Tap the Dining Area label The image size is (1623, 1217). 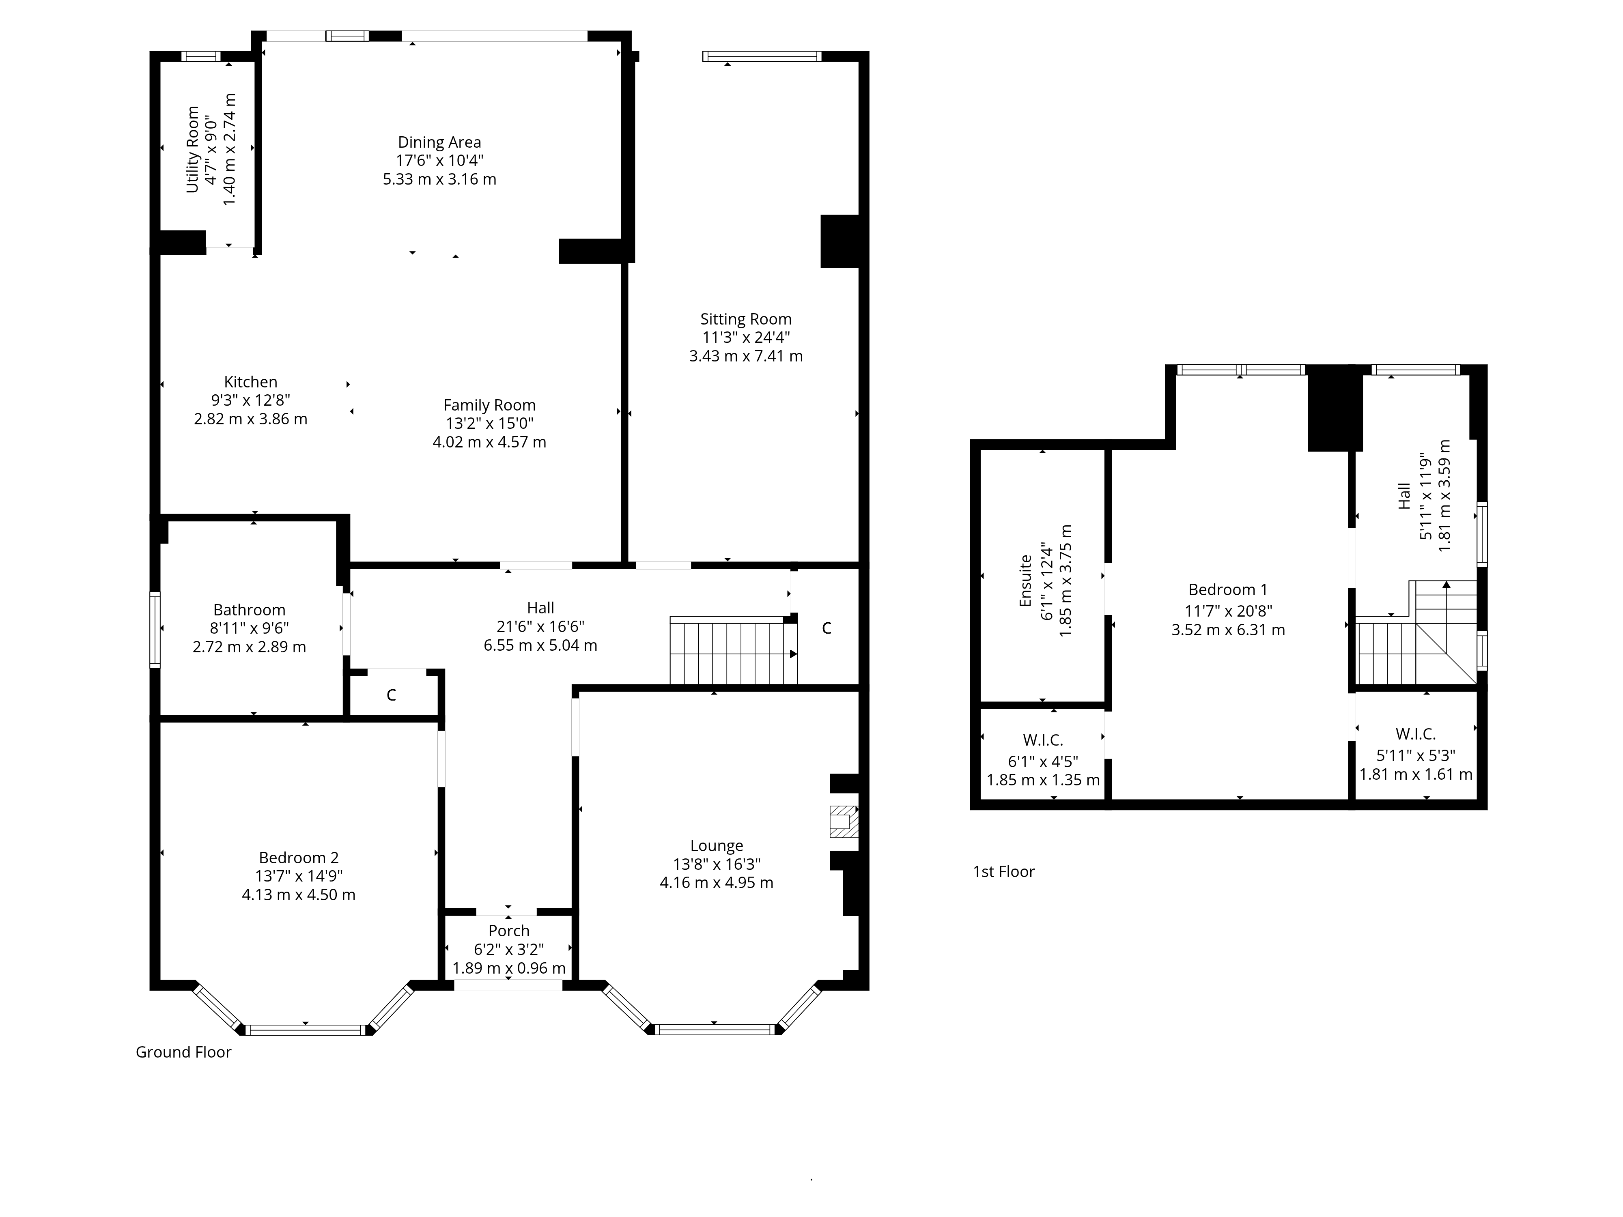[x=439, y=142]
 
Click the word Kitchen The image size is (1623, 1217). [x=251, y=381]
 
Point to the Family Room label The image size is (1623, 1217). [x=489, y=405]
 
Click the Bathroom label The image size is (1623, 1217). [x=250, y=610]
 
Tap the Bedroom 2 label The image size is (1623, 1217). [x=299, y=858]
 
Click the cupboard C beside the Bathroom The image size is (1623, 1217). [x=392, y=695]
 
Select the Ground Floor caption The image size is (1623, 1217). [x=183, y=1052]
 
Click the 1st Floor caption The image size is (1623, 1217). [x=1004, y=871]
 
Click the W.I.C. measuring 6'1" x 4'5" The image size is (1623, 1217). [x=1043, y=740]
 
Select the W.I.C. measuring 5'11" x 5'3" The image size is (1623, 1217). [x=1416, y=733]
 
